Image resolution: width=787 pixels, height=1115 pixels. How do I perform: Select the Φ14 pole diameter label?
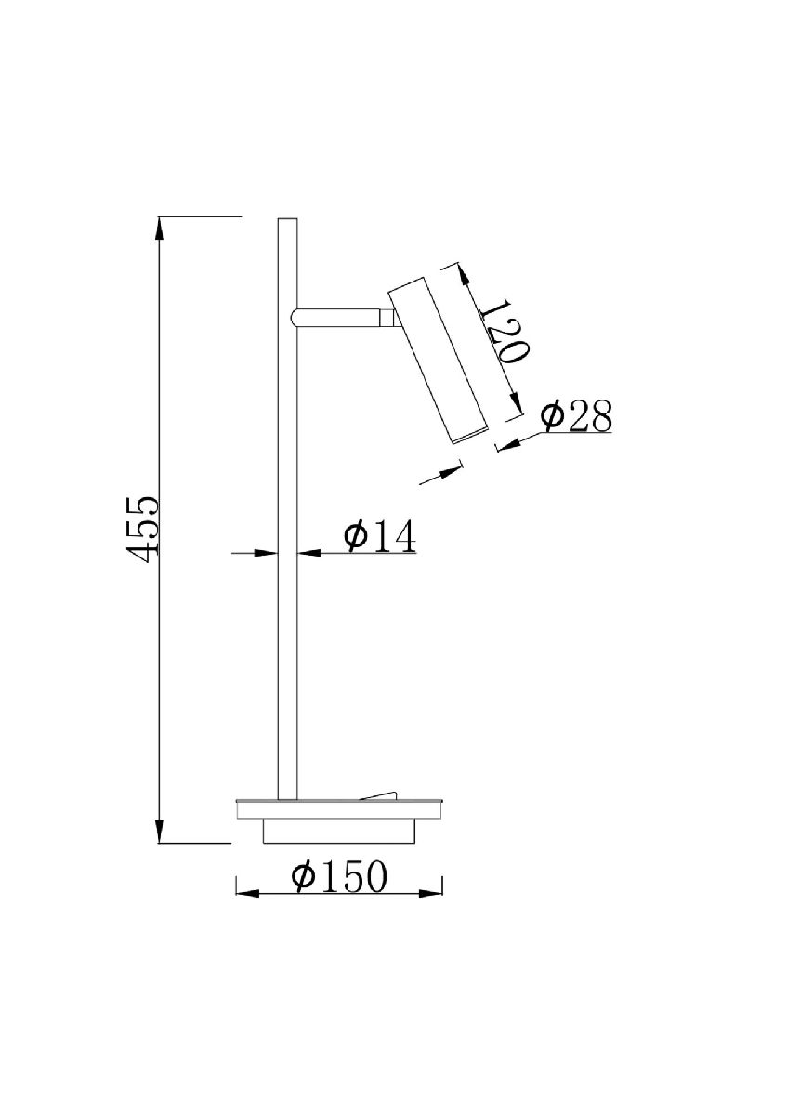pyautogui.click(x=379, y=537)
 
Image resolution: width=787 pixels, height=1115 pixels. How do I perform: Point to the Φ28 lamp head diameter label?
pyautogui.click(x=576, y=414)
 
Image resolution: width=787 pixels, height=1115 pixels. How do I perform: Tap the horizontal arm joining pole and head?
pyautogui.click(x=338, y=318)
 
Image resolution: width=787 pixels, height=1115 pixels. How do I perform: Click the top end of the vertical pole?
pyautogui.click(x=287, y=219)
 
